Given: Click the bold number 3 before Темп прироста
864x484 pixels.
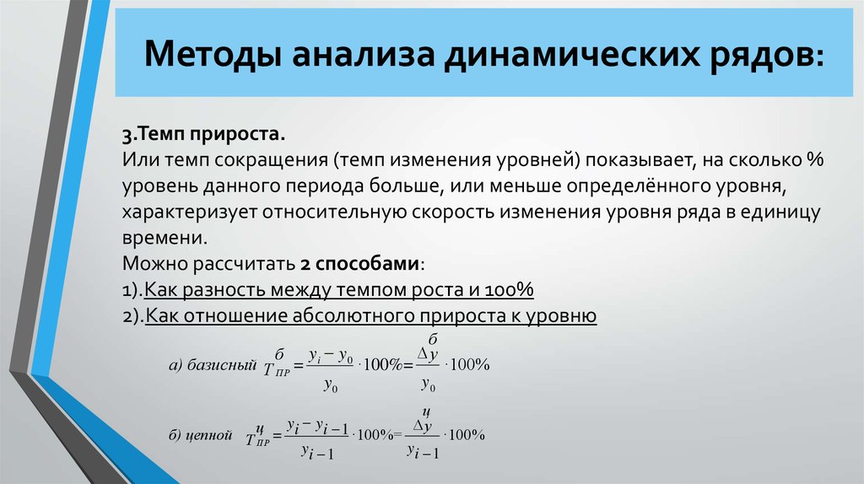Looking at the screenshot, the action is click(x=127, y=134).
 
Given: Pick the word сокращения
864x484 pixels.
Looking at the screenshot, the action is click(x=271, y=160).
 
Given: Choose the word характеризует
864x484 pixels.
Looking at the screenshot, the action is click(x=190, y=212).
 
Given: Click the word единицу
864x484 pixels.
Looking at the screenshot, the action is click(x=780, y=212).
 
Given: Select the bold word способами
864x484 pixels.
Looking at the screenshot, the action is click(x=368, y=264).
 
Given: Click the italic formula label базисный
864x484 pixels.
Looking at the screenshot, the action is click(x=222, y=364).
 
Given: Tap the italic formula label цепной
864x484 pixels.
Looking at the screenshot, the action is click(x=209, y=436).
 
